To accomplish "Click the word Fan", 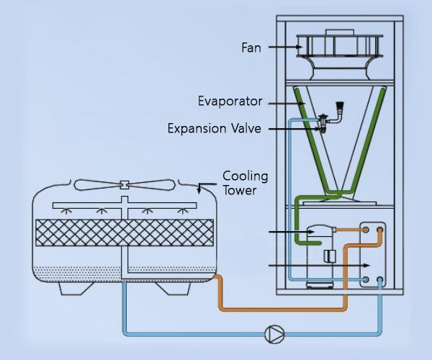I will click(251, 48).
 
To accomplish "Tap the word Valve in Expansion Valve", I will click(246, 129).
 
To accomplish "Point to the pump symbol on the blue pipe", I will click(275, 333).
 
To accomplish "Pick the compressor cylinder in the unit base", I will click(321, 252).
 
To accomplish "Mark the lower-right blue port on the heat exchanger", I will click(379, 279).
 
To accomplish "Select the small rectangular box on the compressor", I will click(330, 256).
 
